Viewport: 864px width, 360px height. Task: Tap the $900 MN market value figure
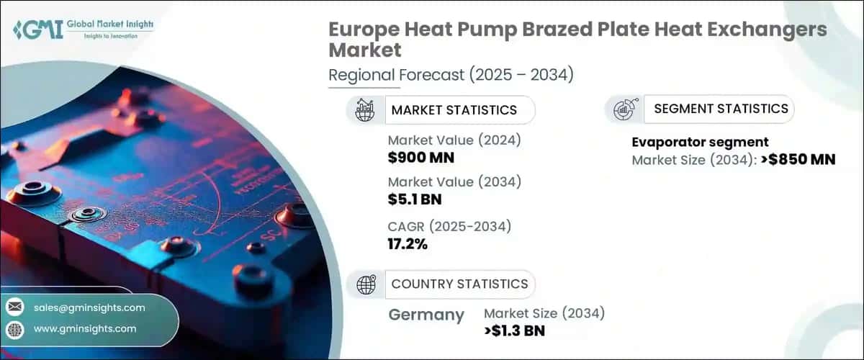420,157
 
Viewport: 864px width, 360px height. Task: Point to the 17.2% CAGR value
408,243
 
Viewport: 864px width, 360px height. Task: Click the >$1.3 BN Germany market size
514,330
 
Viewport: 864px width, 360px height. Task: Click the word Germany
426,315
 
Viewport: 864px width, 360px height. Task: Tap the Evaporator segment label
700,142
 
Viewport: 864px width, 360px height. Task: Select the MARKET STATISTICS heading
454,110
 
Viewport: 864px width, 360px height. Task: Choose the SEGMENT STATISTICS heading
721,109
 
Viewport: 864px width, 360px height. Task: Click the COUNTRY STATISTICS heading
459,284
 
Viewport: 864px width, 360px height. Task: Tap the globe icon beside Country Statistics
366,284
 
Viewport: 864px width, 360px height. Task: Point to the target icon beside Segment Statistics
623,109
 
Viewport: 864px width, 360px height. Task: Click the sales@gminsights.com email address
89,307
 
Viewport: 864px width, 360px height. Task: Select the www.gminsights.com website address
85,328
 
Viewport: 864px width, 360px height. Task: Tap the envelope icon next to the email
15,308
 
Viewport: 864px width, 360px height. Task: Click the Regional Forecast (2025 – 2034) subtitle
451,75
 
